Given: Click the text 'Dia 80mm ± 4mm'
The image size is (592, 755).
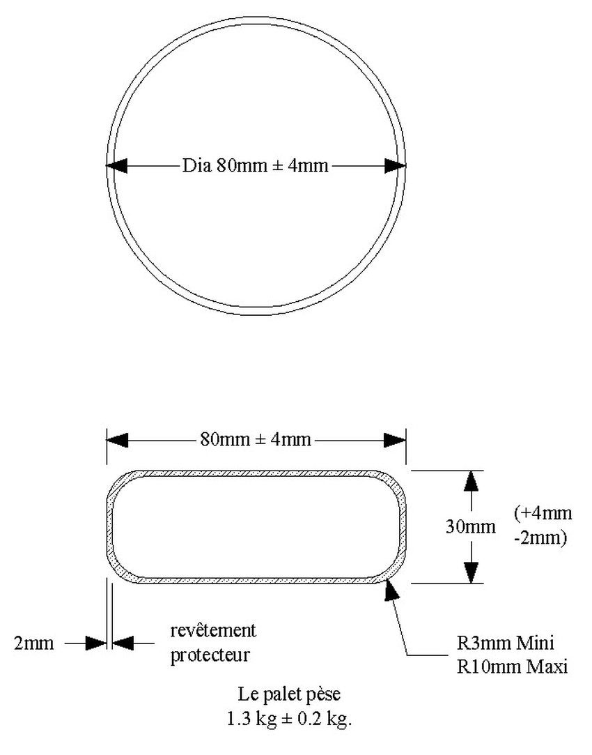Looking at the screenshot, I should point(255,166).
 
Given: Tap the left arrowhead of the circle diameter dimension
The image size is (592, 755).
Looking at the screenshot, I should point(116,166).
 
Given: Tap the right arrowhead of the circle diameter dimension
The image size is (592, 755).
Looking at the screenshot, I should point(396,166).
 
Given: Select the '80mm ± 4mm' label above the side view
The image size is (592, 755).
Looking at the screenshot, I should point(256,440).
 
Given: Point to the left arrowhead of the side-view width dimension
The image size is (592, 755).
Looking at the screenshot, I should point(117,440).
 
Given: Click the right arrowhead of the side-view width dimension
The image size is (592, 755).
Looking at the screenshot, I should point(396,440).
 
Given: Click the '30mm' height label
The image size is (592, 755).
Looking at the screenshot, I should point(471,526).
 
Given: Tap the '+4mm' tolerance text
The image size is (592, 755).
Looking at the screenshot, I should point(543,514).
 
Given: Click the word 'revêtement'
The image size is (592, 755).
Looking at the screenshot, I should point(213,631).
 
